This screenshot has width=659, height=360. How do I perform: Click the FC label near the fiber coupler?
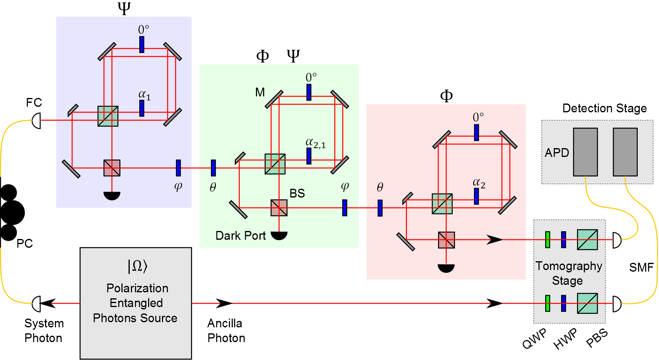coord(34,102)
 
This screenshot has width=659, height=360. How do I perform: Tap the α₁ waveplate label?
coord(144,95)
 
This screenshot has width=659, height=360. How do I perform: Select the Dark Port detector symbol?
coord(279,236)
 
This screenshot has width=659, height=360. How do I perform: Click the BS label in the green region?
coord(297,194)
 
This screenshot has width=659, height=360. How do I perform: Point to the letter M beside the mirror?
coord(260,92)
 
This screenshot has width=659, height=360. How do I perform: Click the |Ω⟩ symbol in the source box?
coord(137,266)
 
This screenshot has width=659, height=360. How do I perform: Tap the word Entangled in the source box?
coord(136,303)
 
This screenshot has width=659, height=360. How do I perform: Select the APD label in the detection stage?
coord(557,153)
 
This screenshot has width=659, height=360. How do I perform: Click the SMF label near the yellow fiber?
coord(641,268)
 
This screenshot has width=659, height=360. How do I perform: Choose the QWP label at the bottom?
coord(534,338)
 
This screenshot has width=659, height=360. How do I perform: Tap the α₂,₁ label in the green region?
coord(316,143)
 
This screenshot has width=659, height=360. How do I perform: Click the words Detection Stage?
coord(604,108)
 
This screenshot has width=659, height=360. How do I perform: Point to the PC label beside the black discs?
coord(25,243)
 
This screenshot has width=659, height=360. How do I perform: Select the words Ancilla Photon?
coord(226,331)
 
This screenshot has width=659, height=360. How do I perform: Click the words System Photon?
coord(44,331)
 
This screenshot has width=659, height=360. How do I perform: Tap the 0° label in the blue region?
coord(144,29)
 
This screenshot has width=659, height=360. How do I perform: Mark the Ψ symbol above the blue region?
coord(124,8)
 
